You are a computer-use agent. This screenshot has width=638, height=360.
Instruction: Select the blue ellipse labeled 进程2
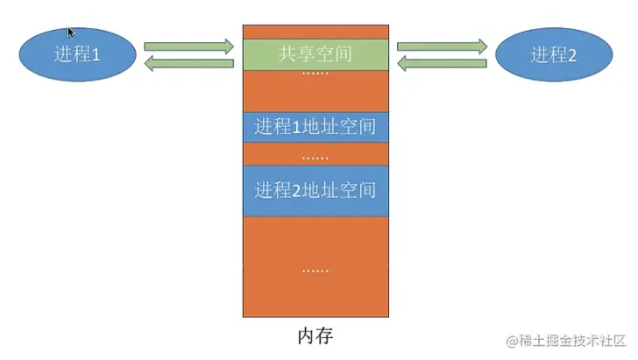click(x=553, y=54)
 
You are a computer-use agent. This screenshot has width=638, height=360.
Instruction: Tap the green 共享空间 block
click(x=315, y=53)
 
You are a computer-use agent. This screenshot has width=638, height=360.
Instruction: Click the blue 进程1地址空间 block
click(x=315, y=126)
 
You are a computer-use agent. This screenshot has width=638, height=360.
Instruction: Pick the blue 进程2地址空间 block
click(x=315, y=188)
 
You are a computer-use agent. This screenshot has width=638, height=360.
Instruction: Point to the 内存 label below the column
click(x=315, y=335)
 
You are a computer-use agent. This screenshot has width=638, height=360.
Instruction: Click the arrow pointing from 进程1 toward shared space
click(x=188, y=45)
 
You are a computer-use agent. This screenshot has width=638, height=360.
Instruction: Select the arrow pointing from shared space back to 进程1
click(x=188, y=63)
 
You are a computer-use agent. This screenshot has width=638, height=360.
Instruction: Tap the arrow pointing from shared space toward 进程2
click(x=442, y=45)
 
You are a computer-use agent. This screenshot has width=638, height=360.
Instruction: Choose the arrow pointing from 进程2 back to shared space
click(x=442, y=63)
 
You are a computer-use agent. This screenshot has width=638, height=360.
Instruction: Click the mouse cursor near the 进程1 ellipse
click(x=71, y=32)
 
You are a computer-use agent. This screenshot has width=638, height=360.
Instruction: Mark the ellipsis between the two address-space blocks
click(x=315, y=158)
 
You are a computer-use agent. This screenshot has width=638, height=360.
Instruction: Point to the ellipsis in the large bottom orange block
click(x=315, y=270)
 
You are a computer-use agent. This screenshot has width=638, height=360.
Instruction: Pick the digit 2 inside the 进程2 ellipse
click(x=571, y=54)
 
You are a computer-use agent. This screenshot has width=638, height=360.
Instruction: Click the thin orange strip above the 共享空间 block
click(x=315, y=32)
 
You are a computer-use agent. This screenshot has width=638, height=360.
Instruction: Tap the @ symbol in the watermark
click(x=503, y=340)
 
